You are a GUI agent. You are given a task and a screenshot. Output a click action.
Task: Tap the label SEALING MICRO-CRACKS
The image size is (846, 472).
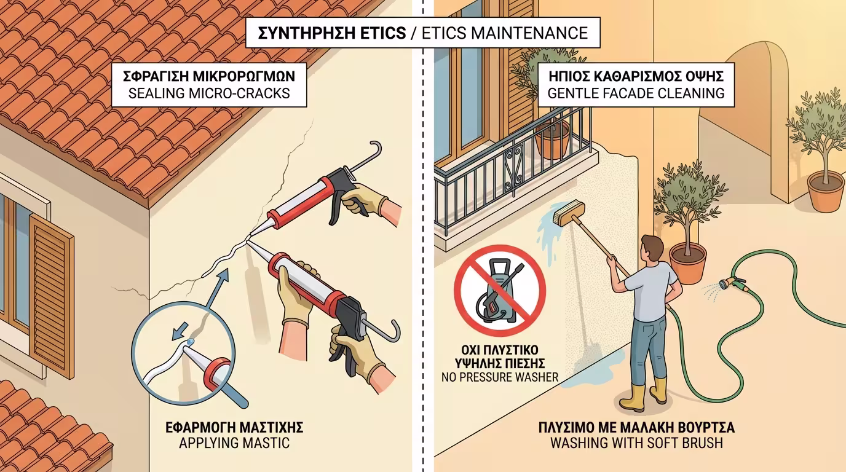coord(209,95)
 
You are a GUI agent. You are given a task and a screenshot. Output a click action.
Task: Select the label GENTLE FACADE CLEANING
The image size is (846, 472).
coord(636,94)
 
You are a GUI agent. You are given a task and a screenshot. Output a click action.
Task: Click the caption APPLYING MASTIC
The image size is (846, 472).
coord(234,442)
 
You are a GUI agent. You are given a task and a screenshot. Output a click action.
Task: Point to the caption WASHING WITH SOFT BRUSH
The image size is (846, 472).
coord(636,442)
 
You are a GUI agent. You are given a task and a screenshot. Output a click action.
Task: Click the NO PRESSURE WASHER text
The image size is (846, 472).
coord(500,377)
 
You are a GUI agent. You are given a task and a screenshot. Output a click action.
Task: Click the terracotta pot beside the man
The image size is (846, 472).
coord(687,262)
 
